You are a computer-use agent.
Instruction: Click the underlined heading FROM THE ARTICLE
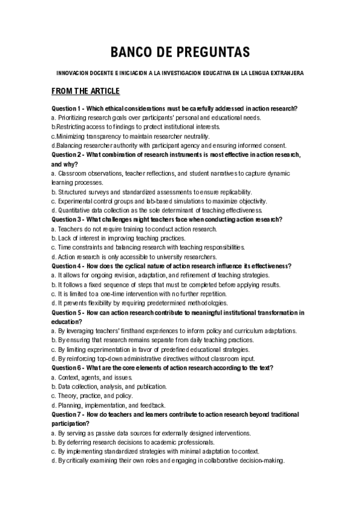86,91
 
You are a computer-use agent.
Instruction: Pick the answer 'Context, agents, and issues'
91,377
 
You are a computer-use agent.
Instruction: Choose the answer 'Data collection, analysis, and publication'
108,386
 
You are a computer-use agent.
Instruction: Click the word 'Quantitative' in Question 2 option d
73,210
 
